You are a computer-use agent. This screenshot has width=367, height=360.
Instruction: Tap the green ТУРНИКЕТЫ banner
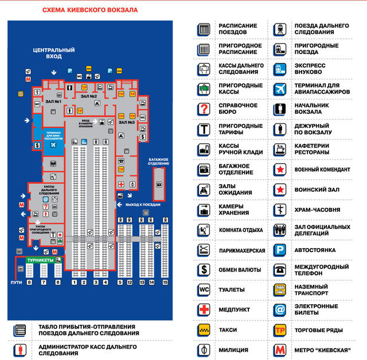(x=41, y=260)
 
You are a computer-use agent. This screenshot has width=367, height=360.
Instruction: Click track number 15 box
(x=165, y=282)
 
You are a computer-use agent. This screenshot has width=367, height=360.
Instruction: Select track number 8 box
(x=29, y=282)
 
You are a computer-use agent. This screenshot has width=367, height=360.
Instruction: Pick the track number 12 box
(x=130, y=282)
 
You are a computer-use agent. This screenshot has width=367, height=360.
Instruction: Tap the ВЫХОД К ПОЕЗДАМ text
(x=143, y=204)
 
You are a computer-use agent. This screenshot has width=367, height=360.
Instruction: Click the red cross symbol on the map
(x=122, y=184)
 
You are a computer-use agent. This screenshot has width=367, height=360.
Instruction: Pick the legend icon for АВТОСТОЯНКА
(x=279, y=250)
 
